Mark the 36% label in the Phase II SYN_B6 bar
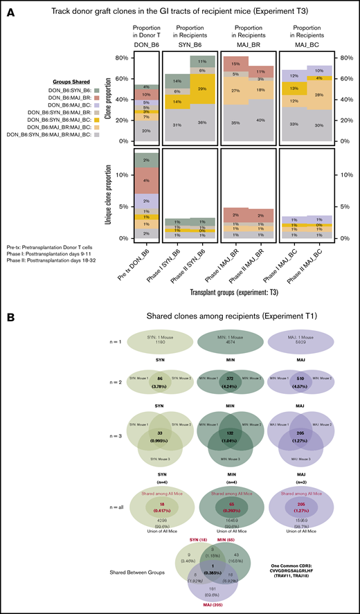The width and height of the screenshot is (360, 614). pos(201,123)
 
